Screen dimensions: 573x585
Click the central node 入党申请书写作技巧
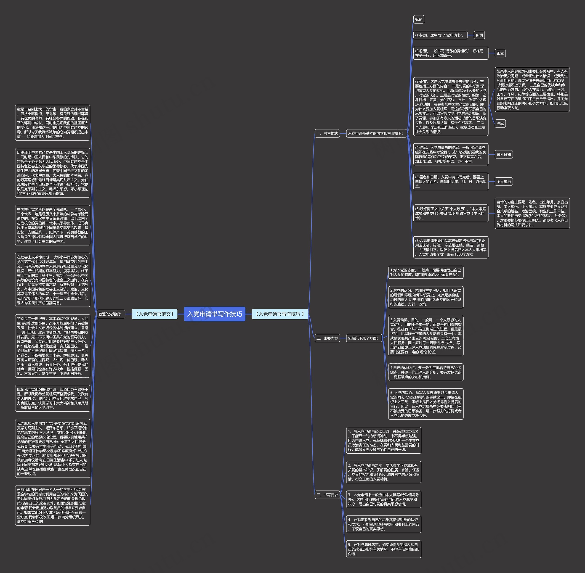tap(214, 314)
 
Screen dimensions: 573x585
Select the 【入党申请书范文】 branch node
tap(154, 314)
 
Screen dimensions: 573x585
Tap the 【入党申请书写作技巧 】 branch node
tap(280, 314)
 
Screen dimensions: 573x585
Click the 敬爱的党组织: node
tap(110, 314)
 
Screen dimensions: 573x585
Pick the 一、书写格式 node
tap(327, 133)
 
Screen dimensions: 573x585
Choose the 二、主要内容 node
tap(327, 338)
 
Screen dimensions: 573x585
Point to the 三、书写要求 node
tap(327, 495)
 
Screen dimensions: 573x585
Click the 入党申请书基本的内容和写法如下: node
tap(376, 133)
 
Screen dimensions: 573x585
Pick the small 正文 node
tap(500, 53)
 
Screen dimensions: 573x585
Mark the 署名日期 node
tap(503, 154)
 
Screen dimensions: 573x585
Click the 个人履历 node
tap(503, 182)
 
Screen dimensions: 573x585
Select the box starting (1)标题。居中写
tap(440, 35)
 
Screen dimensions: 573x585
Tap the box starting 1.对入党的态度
tap(425, 272)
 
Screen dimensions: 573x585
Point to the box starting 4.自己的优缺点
tap(425, 372)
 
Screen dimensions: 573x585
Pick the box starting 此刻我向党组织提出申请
tap(53, 398)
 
